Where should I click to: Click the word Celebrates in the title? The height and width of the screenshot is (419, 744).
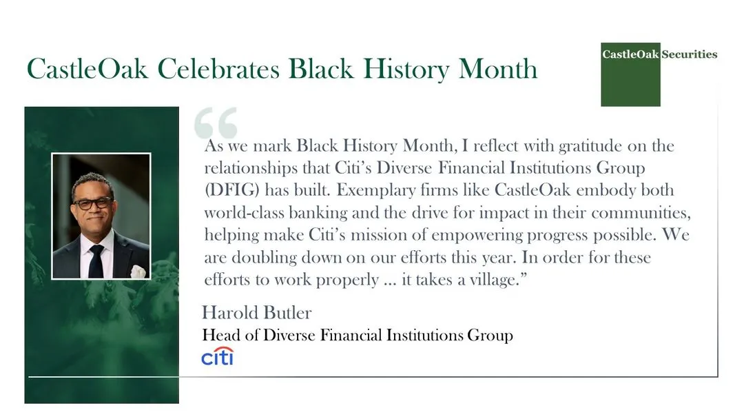tap(218, 70)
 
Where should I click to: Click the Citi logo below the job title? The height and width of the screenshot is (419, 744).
tap(217, 356)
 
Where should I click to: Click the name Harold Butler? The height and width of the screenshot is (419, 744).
tap(256, 313)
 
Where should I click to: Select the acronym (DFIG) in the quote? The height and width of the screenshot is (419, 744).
tap(230, 190)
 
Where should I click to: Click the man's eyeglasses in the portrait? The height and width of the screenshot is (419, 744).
tap(92, 203)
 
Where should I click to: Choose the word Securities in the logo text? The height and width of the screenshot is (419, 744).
tap(689, 54)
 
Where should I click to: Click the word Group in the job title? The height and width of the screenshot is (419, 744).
tap(490, 336)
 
